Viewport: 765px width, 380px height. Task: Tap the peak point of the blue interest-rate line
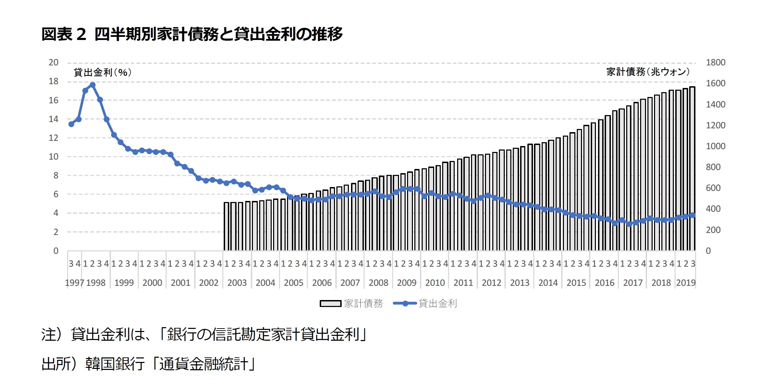[93, 85]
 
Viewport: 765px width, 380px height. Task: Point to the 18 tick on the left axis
[53, 81]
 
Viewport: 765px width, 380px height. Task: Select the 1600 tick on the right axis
[716, 83]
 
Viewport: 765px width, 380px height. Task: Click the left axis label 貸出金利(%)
[103, 72]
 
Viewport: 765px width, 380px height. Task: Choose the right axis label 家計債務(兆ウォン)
[648, 72]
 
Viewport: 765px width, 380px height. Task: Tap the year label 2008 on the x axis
[378, 283]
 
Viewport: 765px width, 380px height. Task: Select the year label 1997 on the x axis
[74, 283]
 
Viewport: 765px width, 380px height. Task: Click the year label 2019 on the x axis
[686, 283]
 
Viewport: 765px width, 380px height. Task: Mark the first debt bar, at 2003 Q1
[226, 226]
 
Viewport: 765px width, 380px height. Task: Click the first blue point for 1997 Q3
[71, 124]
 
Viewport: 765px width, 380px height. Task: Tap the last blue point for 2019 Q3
[693, 215]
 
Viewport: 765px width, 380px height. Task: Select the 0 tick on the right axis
[708, 251]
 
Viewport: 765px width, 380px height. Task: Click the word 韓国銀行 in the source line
[115, 364]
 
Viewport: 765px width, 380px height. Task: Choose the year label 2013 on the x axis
[519, 283]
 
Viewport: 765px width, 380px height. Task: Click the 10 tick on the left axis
[53, 157]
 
